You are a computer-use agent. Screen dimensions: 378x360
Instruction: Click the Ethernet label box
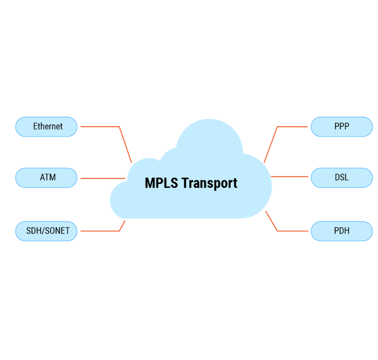point(46,127)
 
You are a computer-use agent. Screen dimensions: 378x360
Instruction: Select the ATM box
point(46,178)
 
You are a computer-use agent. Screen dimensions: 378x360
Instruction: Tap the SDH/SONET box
point(46,231)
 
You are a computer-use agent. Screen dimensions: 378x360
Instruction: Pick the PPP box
point(342,127)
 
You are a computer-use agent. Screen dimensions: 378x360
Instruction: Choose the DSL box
point(342,178)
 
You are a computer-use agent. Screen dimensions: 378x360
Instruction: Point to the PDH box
point(342,231)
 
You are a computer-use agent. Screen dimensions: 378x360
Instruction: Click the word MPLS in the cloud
point(161,183)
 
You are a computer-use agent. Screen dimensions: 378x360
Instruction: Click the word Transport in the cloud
point(209,184)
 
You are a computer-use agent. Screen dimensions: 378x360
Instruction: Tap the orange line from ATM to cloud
point(103,178)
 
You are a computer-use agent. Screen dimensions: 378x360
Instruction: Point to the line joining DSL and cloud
point(289,176)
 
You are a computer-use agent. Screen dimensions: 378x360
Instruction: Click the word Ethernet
point(48,126)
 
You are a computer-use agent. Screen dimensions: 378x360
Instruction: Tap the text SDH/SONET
point(48,230)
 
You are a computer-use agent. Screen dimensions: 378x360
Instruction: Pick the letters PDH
point(341,230)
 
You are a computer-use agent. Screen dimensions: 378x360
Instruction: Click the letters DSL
point(341,177)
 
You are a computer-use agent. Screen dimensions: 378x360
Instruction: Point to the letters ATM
point(48,177)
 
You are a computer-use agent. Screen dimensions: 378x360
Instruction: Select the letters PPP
point(341,126)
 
